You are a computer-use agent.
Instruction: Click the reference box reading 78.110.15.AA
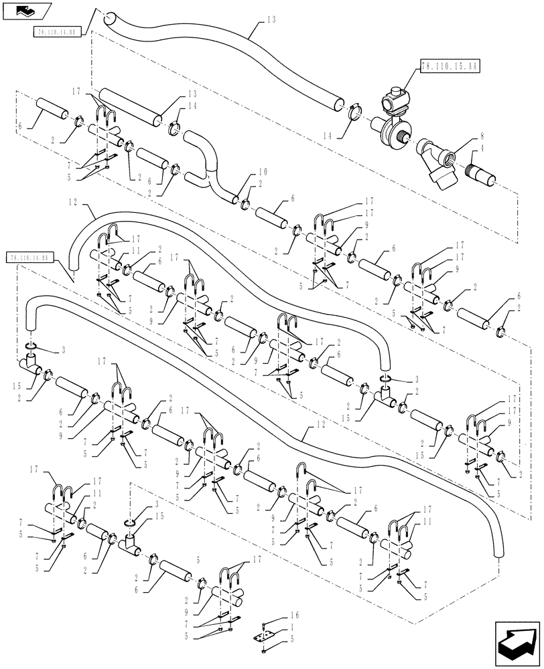(x=452, y=66)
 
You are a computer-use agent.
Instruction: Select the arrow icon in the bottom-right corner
(x=517, y=643)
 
